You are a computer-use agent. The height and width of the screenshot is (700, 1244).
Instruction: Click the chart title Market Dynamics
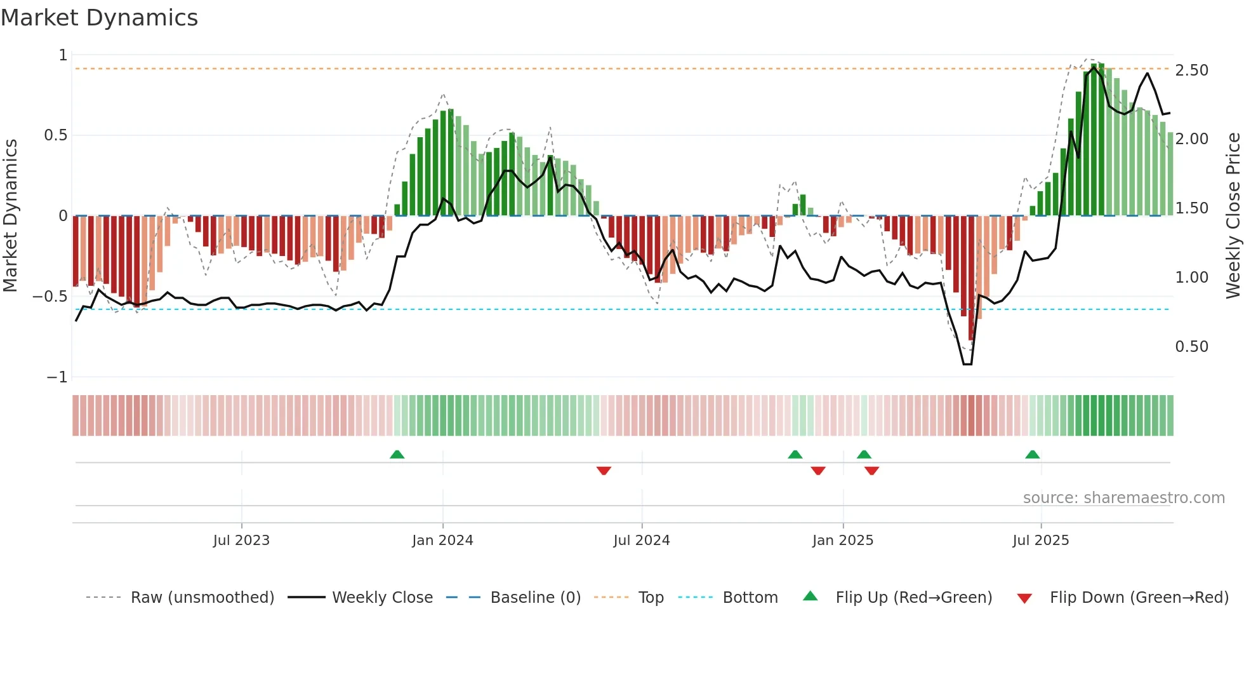click(x=99, y=18)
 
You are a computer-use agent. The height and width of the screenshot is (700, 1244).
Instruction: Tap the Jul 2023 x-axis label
click(x=241, y=541)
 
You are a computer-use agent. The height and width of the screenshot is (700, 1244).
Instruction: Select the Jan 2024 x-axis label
click(x=442, y=541)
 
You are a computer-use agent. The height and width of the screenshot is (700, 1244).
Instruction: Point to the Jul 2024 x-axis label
click(x=642, y=541)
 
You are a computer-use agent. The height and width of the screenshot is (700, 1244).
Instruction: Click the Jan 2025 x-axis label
click(x=843, y=541)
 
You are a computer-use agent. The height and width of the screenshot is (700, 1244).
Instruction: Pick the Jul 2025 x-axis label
click(x=1041, y=541)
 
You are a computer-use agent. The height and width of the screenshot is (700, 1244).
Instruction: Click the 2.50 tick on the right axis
click(x=1191, y=70)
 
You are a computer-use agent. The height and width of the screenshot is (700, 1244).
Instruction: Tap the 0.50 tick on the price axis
click(x=1191, y=347)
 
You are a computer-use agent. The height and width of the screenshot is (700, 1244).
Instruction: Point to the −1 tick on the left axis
click(x=57, y=377)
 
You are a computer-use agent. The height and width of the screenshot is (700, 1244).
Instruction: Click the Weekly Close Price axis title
click(x=1233, y=215)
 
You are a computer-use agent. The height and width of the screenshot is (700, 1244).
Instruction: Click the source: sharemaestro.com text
click(x=1123, y=498)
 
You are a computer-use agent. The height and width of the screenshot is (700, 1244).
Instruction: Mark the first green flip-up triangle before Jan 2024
click(x=397, y=455)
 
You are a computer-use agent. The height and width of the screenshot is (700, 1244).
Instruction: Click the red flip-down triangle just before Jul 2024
click(x=604, y=470)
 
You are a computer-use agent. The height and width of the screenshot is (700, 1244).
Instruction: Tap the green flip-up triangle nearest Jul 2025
click(x=1032, y=455)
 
